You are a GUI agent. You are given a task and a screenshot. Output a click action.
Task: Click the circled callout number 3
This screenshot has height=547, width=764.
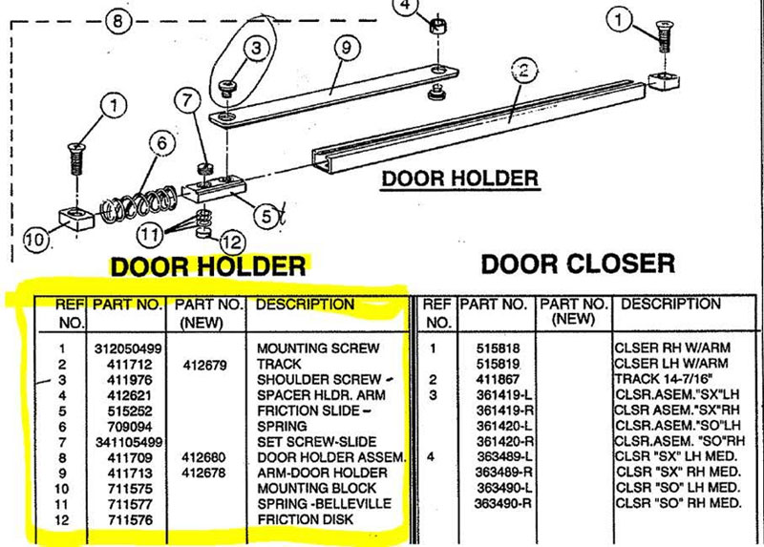click(x=255, y=47)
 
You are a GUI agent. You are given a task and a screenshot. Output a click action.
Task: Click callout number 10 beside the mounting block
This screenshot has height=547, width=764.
click(x=35, y=241)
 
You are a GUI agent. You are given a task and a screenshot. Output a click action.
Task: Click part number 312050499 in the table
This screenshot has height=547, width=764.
click(x=126, y=348)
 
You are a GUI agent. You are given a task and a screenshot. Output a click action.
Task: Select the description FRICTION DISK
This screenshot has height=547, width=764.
click(x=305, y=518)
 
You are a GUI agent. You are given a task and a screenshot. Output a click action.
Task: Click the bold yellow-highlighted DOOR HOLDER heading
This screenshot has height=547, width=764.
click(x=209, y=266)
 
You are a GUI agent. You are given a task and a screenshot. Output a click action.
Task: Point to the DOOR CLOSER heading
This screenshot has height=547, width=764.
click(x=577, y=263)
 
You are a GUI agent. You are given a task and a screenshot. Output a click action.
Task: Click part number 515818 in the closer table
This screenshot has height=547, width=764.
click(x=497, y=348)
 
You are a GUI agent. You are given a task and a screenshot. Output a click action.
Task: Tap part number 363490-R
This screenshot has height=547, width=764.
click(x=503, y=502)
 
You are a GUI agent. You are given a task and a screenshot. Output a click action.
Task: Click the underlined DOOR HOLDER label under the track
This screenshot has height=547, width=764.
click(x=459, y=179)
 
